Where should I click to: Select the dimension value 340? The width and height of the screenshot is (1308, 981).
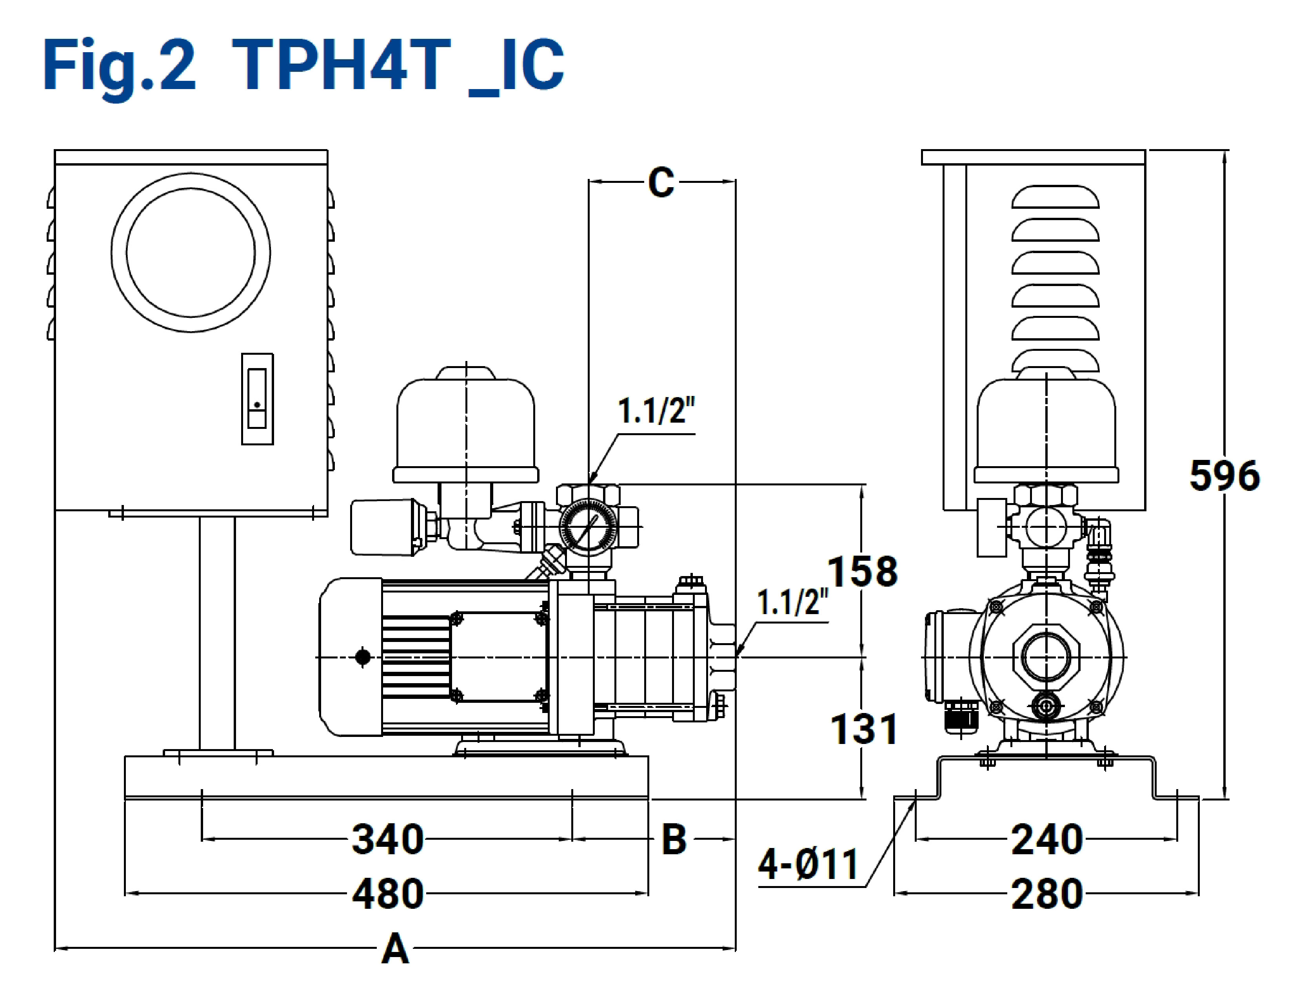click(388, 839)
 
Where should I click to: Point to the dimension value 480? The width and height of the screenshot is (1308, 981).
click(388, 893)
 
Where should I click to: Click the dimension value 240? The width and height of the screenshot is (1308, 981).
click(1046, 839)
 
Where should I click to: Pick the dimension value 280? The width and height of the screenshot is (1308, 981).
click(1046, 893)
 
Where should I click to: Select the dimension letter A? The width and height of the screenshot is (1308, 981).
click(395, 948)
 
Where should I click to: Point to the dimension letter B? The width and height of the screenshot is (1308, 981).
click(674, 839)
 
